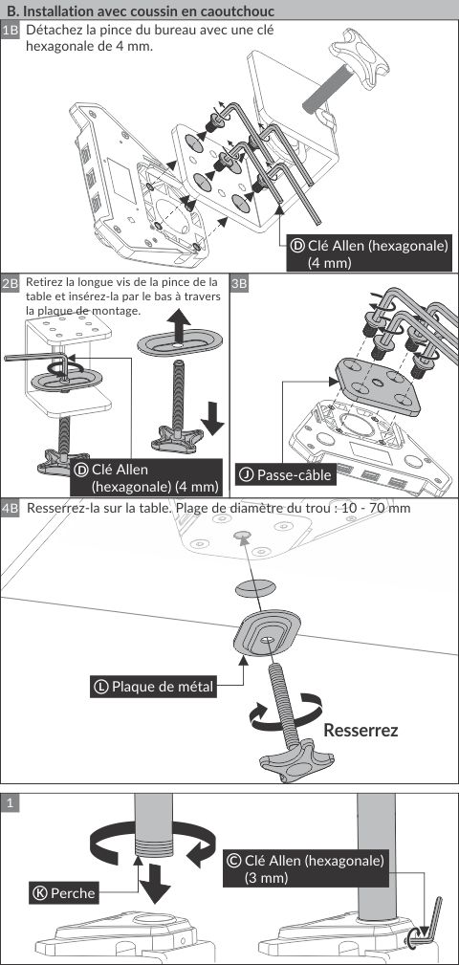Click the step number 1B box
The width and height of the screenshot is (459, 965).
(x=11, y=31)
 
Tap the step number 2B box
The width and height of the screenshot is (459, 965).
(x=11, y=284)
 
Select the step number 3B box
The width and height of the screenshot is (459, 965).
(x=240, y=284)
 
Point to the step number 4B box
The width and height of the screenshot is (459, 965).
(x=11, y=509)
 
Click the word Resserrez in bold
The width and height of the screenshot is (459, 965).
(x=361, y=731)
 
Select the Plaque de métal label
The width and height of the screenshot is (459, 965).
(x=154, y=686)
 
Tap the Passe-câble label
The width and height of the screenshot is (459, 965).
(x=286, y=474)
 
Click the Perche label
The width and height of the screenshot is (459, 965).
(x=64, y=893)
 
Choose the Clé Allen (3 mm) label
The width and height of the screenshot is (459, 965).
(x=306, y=868)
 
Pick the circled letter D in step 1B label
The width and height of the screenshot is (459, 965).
(x=297, y=246)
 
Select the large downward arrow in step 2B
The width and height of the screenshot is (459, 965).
(x=213, y=418)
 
